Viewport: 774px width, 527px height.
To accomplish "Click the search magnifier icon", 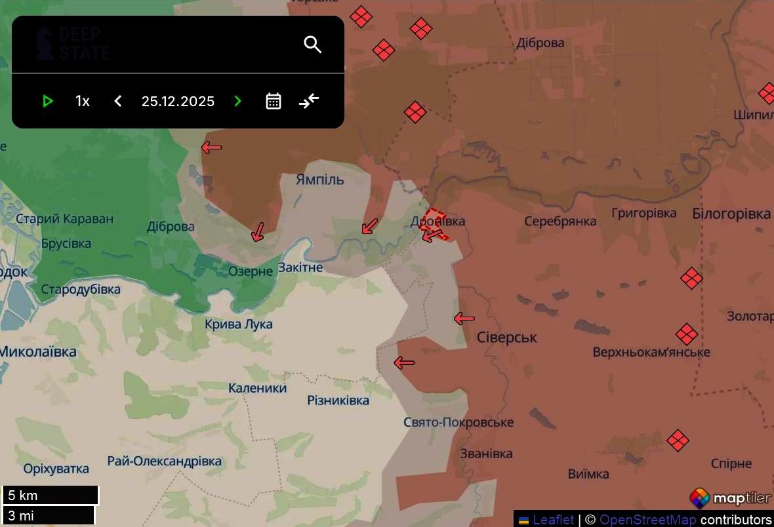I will click(x=313, y=45).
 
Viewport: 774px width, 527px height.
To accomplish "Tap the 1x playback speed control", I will click(x=82, y=101).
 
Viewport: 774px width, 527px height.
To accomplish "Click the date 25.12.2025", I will click(x=178, y=101).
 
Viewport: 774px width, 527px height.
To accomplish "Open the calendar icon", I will click(x=274, y=101).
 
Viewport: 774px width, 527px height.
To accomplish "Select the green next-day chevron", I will click(x=237, y=101).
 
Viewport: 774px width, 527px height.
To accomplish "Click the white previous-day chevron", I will click(x=118, y=101).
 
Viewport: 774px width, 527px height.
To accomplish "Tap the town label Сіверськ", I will click(x=506, y=338).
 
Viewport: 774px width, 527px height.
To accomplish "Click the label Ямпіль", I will click(x=319, y=180).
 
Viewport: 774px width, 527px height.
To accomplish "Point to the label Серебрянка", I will click(x=560, y=221).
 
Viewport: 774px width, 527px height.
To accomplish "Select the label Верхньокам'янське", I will click(x=651, y=352).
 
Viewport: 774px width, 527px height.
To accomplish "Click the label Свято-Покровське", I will click(x=458, y=422).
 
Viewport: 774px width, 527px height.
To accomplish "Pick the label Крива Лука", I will click(x=238, y=324).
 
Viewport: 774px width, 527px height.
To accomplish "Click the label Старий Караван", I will click(x=64, y=219).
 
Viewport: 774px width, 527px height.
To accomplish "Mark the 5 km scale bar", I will click(x=50, y=495).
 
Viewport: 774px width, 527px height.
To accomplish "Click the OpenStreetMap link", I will click(x=647, y=520).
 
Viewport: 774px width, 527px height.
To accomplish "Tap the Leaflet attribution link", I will click(x=553, y=520).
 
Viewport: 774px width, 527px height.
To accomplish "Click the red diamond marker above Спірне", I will click(x=678, y=440).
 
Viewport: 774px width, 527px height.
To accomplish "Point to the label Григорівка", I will click(x=643, y=213).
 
